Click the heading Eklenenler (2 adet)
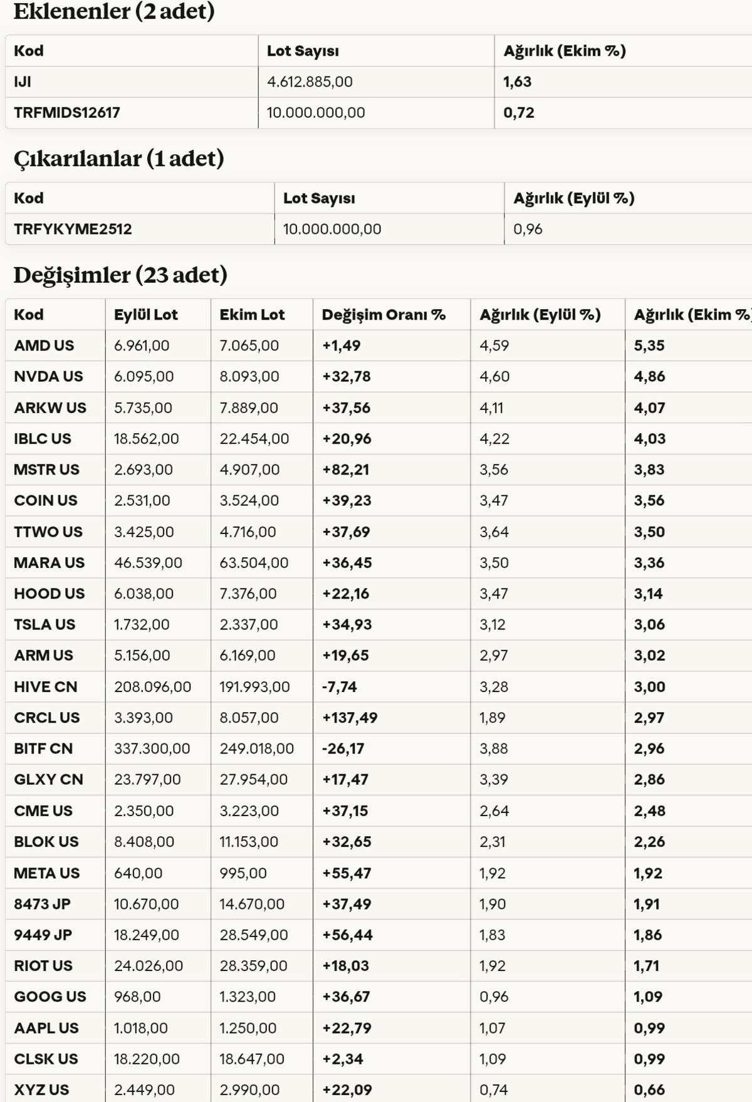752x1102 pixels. (x=114, y=11)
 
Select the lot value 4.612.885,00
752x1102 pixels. (x=310, y=81)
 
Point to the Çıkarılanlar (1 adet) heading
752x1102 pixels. (x=119, y=159)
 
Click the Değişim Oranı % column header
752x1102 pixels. (x=384, y=315)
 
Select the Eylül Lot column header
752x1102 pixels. (x=145, y=315)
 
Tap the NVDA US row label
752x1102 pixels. (x=48, y=376)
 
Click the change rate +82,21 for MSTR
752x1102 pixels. (x=346, y=470)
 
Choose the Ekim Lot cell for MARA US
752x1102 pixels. (x=254, y=563)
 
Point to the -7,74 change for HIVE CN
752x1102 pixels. (x=339, y=687)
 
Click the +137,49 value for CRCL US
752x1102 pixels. (x=350, y=718)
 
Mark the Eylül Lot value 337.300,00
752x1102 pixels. (x=152, y=748)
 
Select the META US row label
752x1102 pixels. (x=47, y=873)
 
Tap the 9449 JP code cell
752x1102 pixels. (x=43, y=935)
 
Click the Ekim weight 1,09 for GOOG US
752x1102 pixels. (x=648, y=997)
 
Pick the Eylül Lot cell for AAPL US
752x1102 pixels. (x=141, y=1028)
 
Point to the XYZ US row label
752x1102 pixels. (x=41, y=1089)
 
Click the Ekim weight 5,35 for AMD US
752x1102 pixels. (x=648, y=345)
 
